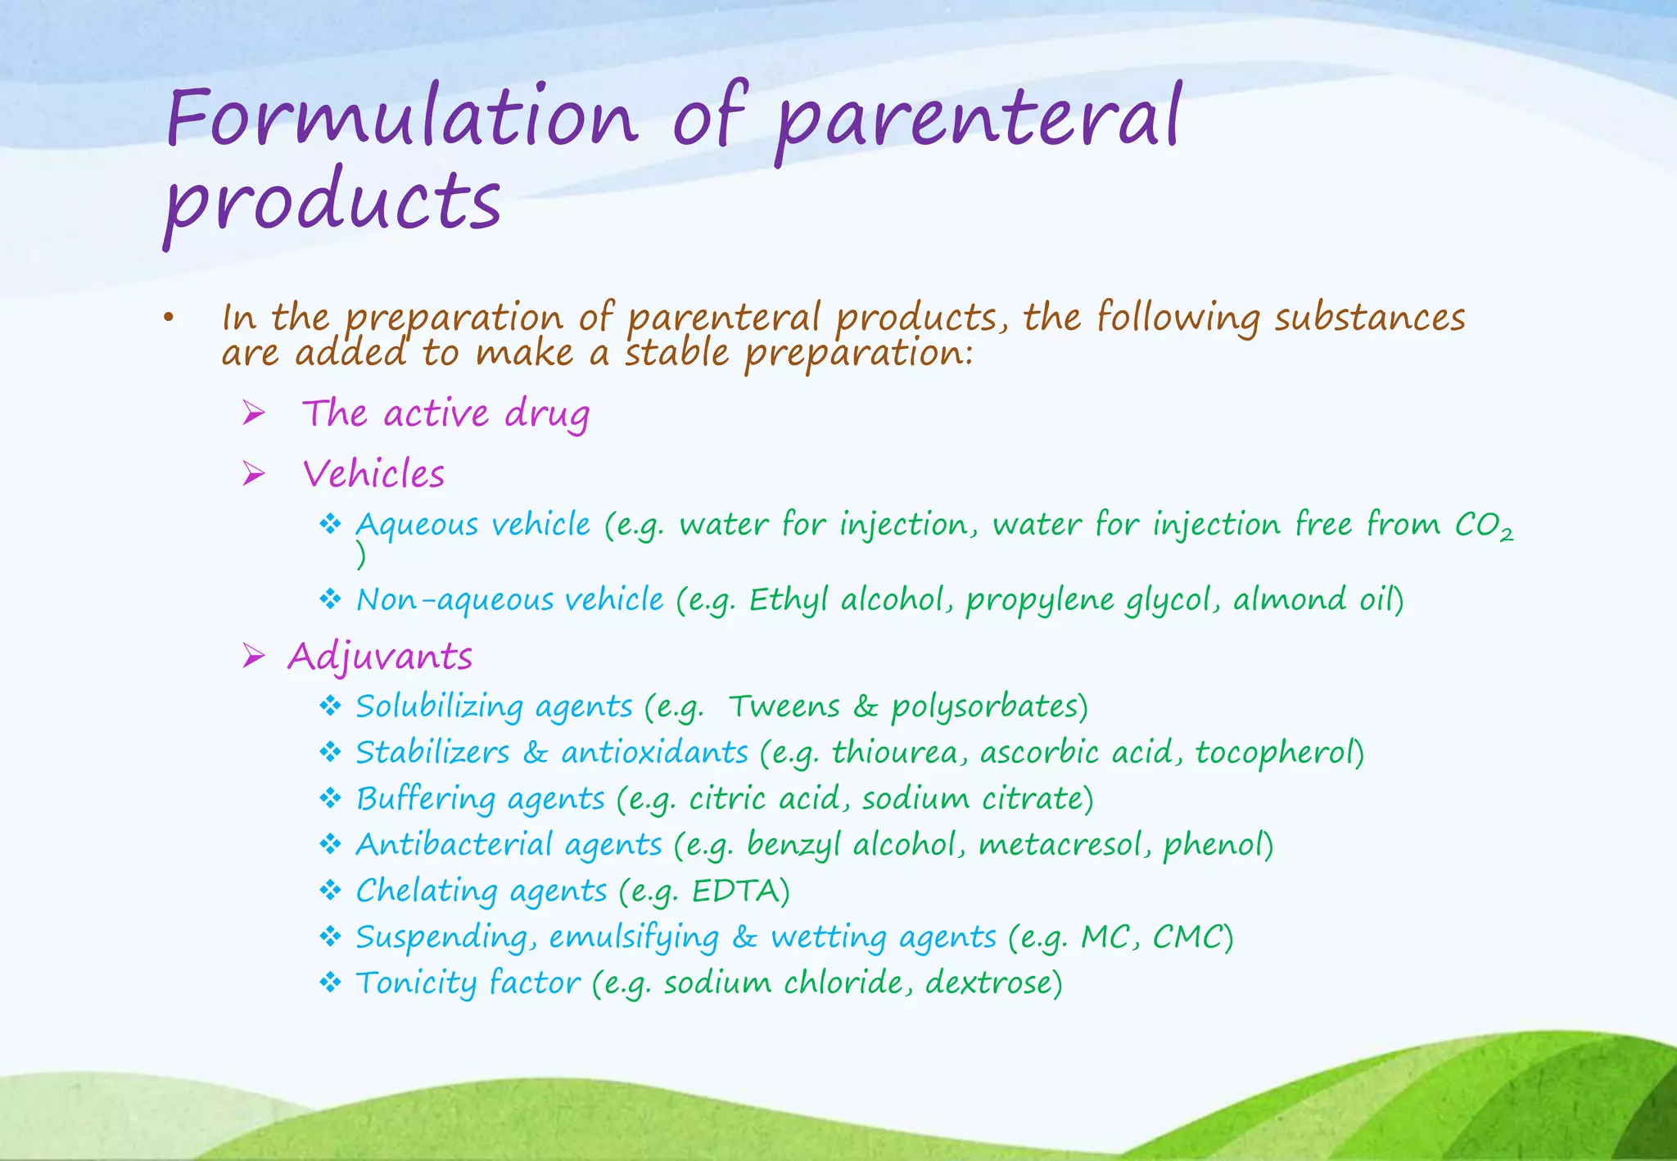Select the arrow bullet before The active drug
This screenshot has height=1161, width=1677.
pyautogui.click(x=254, y=413)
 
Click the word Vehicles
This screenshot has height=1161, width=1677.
pyautogui.click(x=373, y=474)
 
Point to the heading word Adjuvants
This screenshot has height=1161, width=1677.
pyautogui.click(x=380, y=657)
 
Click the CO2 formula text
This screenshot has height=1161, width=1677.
pyautogui.click(x=1483, y=526)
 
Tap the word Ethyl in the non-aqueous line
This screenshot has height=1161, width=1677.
pyautogui.click(x=788, y=600)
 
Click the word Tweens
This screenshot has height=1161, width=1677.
pyautogui.click(x=784, y=707)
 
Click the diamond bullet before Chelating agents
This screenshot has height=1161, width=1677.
pyautogui.click(x=330, y=890)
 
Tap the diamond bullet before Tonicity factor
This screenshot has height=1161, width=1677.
pyautogui.click(x=330, y=982)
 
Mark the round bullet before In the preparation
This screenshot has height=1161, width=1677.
pyautogui.click(x=169, y=318)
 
